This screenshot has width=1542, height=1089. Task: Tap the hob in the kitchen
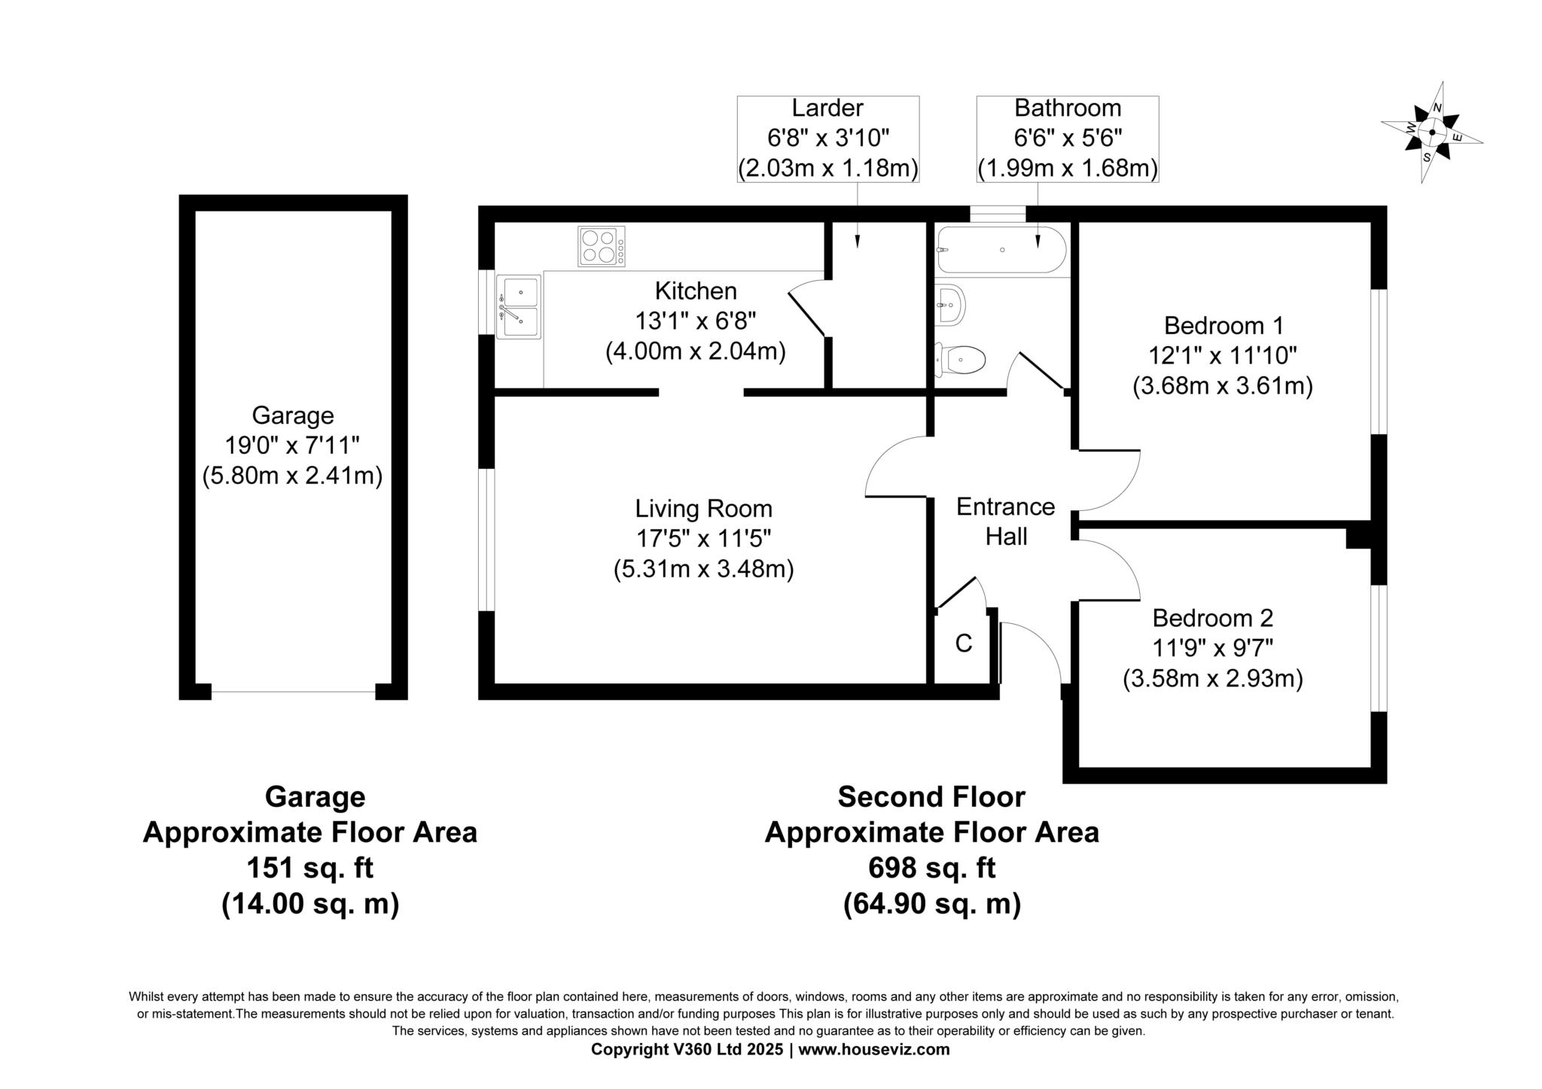pyautogui.click(x=602, y=247)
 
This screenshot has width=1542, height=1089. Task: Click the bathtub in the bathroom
pyautogui.click(x=1001, y=250)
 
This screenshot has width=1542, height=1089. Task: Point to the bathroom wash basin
pyautogui.click(x=950, y=305)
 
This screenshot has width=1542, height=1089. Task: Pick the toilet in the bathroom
pyautogui.click(x=960, y=360)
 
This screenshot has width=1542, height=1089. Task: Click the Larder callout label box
pyautogui.click(x=828, y=139)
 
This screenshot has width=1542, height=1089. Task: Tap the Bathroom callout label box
pyautogui.click(x=1068, y=139)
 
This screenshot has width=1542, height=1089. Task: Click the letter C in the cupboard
pyautogui.click(x=964, y=643)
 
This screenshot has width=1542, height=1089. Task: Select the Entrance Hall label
pyautogui.click(x=1006, y=522)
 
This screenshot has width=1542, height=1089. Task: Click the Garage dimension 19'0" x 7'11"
pyautogui.click(x=292, y=446)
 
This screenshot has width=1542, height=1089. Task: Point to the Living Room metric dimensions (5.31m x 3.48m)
pyautogui.click(x=704, y=569)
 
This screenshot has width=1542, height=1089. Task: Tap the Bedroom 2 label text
pyautogui.click(x=1213, y=618)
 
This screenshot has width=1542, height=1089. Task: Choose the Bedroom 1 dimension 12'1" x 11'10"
pyautogui.click(x=1223, y=355)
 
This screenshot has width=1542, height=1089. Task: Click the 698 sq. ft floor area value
pyautogui.click(x=932, y=868)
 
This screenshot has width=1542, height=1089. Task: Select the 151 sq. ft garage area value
pyautogui.click(x=310, y=868)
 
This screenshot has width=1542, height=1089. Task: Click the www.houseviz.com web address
pyautogui.click(x=874, y=1049)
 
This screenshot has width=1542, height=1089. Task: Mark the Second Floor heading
pyautogui.click(x=931, y=796)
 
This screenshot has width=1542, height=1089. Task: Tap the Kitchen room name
pyautogui.click(x=696, y=291)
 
